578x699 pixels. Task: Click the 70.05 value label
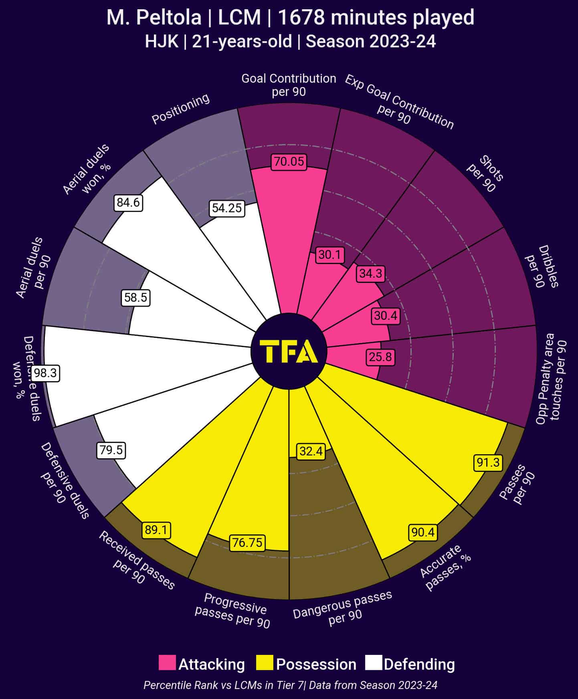coord(289,162)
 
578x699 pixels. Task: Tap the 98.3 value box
coord(45,373)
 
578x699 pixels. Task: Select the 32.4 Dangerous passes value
coord(311,451)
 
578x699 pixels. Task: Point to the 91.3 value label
coord(488,463)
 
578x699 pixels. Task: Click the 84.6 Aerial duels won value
coord(128,203)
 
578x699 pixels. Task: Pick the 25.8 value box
coord(380,357)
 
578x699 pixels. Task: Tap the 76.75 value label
coord(247,543)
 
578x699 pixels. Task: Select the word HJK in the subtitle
coord(162,41)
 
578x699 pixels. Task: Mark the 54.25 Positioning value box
coord(227,208)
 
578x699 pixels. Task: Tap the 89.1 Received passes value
coord(156,530)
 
